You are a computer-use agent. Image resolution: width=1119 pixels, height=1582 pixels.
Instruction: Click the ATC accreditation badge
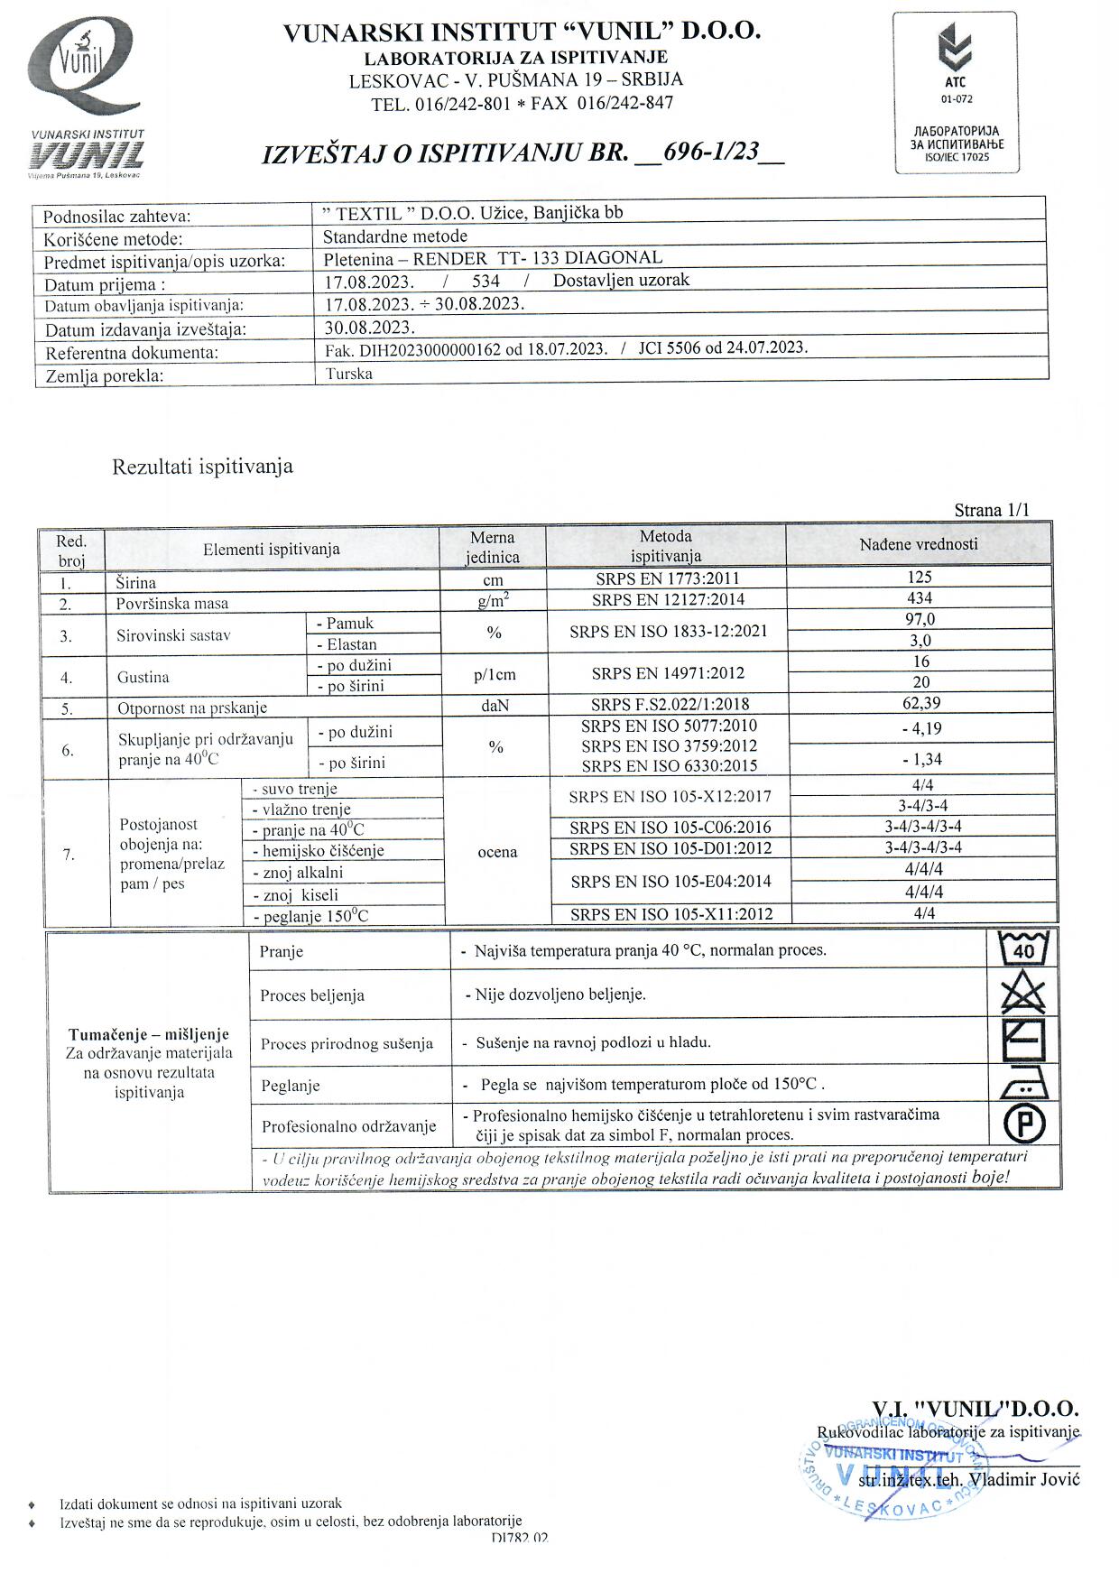(x=956, y=92)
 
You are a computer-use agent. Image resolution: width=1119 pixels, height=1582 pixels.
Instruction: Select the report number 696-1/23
(x=711, y=152)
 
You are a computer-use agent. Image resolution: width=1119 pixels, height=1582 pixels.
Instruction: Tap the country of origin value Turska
(x=349, y=374)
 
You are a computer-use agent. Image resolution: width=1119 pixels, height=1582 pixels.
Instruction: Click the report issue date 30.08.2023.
(x=370, y=327)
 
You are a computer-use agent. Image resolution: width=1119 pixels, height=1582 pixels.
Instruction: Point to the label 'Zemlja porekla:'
(x=105, y=375)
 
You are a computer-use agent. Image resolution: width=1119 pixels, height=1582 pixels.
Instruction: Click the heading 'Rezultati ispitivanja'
(x=202, y=467)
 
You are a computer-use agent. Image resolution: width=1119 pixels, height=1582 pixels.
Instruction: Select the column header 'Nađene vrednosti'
(x=919, y=544)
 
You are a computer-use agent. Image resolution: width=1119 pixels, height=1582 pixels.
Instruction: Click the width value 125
(x=920, y=577)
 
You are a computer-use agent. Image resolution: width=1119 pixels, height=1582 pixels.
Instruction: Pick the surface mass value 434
(x=920, y=597)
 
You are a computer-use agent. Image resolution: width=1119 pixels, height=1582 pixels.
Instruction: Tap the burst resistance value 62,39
(x=920, y=703)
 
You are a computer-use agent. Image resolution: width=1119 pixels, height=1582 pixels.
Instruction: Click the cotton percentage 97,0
(x=920, y=619)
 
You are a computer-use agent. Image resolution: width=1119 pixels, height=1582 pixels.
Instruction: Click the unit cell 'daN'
(x=495, y=705)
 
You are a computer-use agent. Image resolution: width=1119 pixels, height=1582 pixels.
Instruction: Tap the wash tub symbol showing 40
(x=1024, y=949)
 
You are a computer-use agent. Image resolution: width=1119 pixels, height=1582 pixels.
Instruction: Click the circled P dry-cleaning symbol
(x=1024, y=1124)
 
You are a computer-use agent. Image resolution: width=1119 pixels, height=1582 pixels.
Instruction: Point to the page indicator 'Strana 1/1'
(x=991, y=510)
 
